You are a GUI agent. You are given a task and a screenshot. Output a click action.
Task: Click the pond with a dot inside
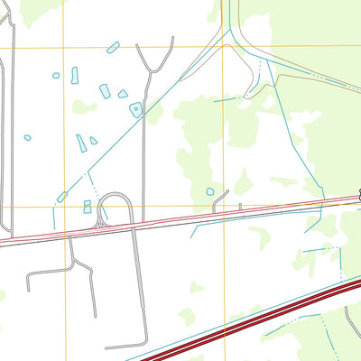[x=135, y=109]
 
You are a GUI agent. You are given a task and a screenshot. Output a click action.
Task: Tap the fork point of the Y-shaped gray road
[x=149, y=69]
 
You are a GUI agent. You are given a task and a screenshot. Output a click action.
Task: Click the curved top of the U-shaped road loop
[x=115, y=195]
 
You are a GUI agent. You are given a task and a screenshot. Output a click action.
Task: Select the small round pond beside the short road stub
[x=210, y=191]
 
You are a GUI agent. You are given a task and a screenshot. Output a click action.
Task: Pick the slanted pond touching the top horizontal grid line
[x=113, y=47]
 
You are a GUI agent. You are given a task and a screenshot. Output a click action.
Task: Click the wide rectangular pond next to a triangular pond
[x=105, y=90]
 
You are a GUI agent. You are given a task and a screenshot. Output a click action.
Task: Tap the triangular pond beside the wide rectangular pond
[x=123, y=93]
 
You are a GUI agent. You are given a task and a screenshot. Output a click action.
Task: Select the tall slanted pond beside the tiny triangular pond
[x=81, y=143]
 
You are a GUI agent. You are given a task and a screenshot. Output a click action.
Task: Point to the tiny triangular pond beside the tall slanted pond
[x=93, y=141]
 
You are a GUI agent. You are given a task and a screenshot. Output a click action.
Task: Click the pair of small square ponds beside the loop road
[x=88, y=207]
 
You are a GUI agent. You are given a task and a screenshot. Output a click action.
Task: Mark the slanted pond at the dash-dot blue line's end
[x=61, y=197]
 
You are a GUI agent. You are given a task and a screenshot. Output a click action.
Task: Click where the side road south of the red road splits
[x=72, y=263]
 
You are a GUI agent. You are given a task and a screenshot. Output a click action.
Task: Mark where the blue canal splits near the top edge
[x=232, y=29]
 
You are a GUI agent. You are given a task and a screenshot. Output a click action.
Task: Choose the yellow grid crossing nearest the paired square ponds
[x=64, y=207]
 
